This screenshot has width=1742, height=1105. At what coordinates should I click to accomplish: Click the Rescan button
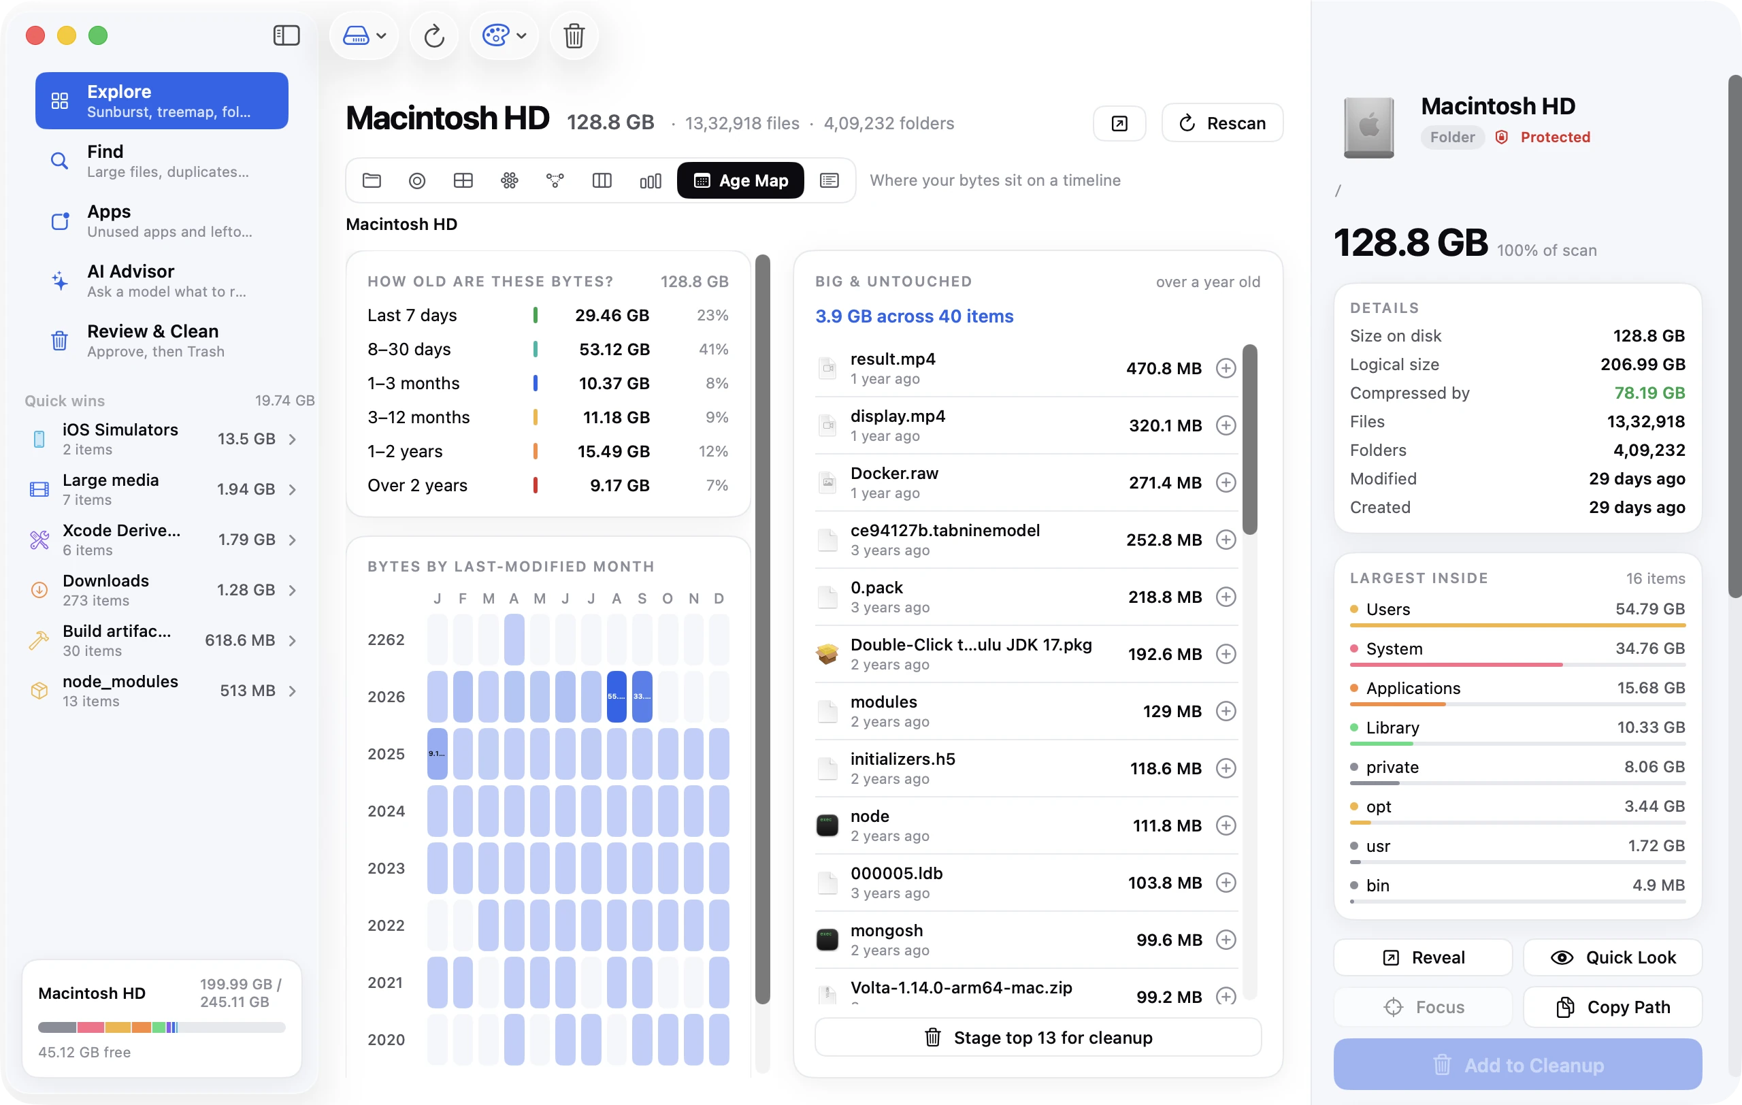pos(1222,123)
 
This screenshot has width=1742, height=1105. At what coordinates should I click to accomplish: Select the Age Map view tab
pos(740,180)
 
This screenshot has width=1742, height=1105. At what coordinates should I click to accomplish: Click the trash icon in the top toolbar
pos(574,35)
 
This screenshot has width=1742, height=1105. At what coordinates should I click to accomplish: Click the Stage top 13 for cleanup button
pos(1038,1037)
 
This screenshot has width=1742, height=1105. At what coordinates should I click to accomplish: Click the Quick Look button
pos(1613,957)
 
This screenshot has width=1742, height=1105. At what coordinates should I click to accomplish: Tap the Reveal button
pos(1423,957)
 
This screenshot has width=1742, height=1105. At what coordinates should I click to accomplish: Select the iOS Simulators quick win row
pos(163,439)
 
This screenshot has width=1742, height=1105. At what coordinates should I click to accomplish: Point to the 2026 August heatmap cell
pos(617,697)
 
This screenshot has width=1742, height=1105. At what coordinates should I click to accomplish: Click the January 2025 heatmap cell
pos(437,753)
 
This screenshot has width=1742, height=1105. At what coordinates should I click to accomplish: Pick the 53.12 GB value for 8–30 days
pos(614,349)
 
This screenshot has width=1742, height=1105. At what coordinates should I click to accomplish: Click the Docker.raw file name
pos(894,473)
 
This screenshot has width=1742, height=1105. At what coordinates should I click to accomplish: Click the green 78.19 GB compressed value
pos(1649,393)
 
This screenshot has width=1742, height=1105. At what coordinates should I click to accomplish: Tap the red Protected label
pos(1556,137)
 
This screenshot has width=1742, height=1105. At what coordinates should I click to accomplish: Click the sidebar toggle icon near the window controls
pos(286,35)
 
